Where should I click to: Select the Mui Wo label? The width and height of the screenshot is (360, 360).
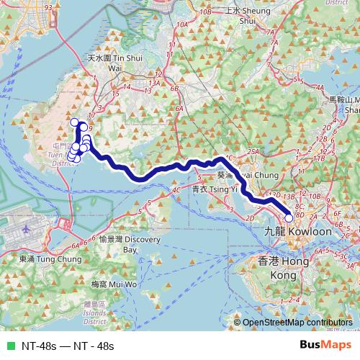[104, 285]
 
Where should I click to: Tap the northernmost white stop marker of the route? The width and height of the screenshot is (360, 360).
[73, 122]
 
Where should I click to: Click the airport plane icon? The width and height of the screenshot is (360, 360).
[28, 229]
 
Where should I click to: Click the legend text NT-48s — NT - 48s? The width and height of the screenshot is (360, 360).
[68, 346]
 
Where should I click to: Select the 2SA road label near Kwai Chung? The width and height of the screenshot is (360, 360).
[253, 152]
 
